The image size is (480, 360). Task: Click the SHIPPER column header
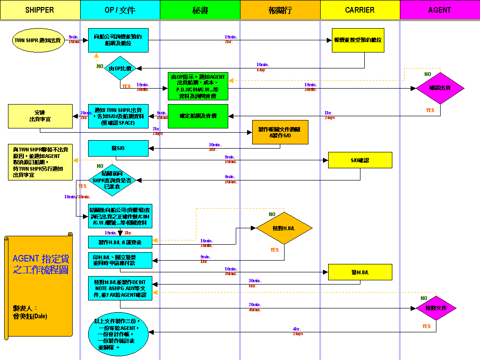coord(40,10)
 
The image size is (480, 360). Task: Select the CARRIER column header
coord(360,10)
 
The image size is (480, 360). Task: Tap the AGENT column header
coord(439,10)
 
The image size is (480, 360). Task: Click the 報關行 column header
coord(280,10)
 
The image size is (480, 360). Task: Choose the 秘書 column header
coord(200,10)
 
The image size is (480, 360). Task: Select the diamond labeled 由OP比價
coord(120,68)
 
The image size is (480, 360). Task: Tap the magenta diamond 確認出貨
coord(440,88)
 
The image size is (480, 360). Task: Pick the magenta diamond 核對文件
coord(436,308)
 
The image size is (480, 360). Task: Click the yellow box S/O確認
coord(360,160)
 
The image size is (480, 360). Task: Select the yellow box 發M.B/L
coord(360,272)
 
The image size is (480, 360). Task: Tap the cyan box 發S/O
coord(118,149)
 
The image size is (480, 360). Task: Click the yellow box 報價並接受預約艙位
coord(358,40)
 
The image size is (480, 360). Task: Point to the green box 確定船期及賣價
coord(198,116)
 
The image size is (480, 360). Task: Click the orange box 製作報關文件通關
coord(280,132)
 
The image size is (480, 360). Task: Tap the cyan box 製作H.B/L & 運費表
coord(120,242)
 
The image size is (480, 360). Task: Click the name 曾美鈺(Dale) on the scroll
coord(30,316)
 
